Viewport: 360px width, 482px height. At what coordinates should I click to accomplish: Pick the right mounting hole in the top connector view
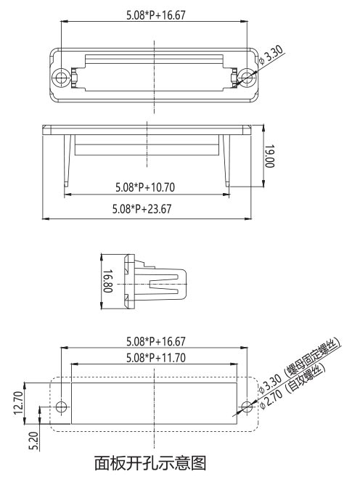point(247,76)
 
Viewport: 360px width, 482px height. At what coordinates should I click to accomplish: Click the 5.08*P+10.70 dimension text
point(145,187)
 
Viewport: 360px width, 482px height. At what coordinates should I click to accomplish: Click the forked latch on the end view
point(166,283)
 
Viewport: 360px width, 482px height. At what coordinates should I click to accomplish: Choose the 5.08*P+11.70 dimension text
point(155,357)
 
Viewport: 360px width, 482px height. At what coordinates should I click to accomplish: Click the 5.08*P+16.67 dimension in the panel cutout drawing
point(155,341)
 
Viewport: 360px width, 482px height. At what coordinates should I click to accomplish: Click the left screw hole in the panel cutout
point(62,406)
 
